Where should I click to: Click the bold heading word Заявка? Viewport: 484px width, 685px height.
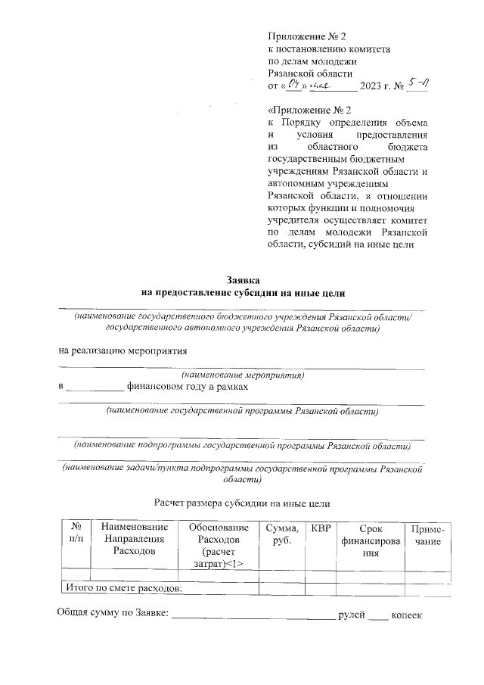(x=243, y=279)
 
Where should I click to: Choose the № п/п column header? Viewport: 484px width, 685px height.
(x=76, y=534)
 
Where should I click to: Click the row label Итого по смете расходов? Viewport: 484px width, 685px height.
(x=126, y=587)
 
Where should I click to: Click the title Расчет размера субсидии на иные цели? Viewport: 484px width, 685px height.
(x=243, y=502)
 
